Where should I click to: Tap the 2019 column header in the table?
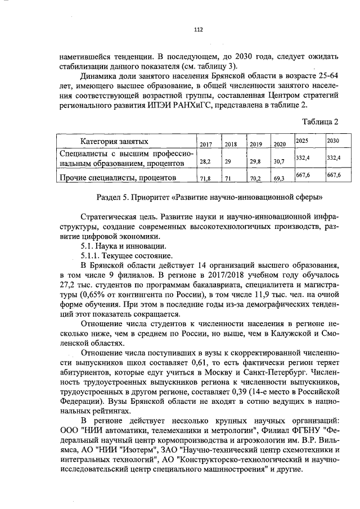256,145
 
